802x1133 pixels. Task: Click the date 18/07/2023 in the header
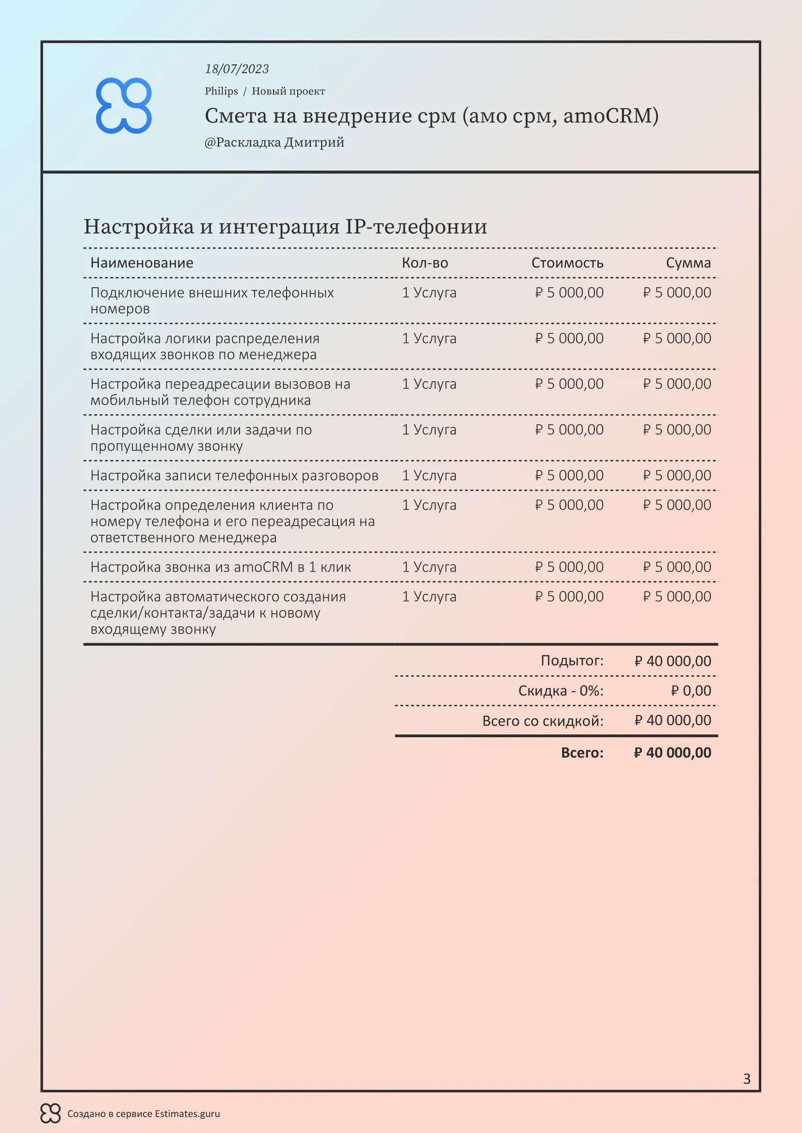tap(237, 69)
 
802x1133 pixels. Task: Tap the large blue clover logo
tap(124, 106)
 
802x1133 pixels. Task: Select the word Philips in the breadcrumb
tap(221, 91)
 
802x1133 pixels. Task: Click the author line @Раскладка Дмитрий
tap(274, 142)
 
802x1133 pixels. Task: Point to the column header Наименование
tap(142, 263)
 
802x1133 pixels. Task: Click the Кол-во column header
tap(425, 263)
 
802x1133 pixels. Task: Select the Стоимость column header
tap(567, 263)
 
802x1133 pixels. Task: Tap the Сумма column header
tap(688, 263)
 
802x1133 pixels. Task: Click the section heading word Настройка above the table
tap(139, 227)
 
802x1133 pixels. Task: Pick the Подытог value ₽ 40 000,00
tap(673, 661)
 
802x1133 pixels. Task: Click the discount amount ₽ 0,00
tap(691, 691)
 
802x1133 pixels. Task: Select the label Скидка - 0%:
tap(561, 691)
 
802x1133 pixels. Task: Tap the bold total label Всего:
tap(582, 753)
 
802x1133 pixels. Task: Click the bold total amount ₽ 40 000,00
tap(673, 753)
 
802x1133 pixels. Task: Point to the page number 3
tap(747, 1079)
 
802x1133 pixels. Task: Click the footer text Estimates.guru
tap(187, 1114)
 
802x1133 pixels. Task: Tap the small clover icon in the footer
tap(50, 1113)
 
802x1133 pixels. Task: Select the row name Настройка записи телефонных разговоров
tap(234, 476)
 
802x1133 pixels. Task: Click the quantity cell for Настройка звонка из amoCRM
tap(429, 568)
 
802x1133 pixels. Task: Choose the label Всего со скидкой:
tap(543, 721)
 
